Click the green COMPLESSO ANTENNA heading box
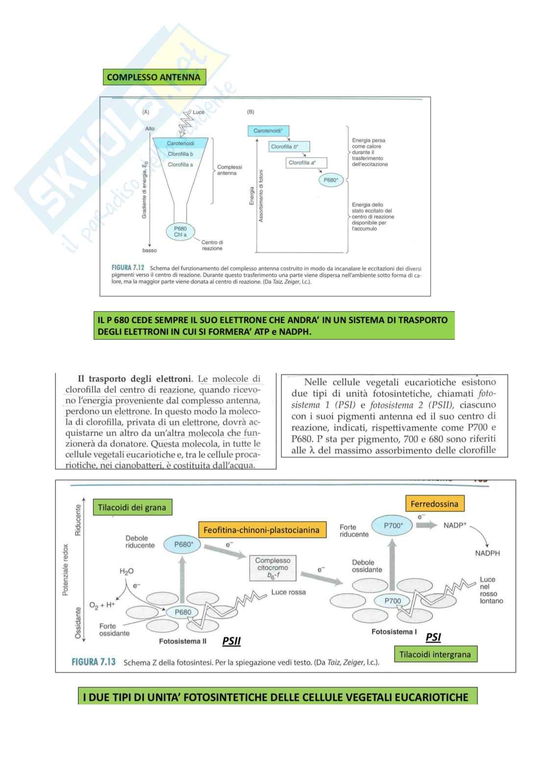click(x=154, y=77)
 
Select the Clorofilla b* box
click(x=290, y=147)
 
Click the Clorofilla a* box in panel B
click(x=306, y=163)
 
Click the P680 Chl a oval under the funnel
click(x=180, y=231)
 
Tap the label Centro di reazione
click(x=212, y=245)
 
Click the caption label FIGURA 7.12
click(x=128, y=268)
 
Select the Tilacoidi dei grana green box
click(x=132, y=508)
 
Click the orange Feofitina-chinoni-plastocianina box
click(x=262, y=529)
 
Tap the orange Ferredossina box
click(x=434, y=504)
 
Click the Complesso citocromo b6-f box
click(x=273, y=568)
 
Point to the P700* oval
click(x=393, y=525)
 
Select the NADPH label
click(x=487, y=553)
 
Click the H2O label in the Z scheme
click(x=126, y=572)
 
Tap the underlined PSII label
click(x=231, y=641)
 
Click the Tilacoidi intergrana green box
click(x=435, y=654)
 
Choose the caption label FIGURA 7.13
click(x=94, y=662)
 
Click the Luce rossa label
click(x=288, y=592)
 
